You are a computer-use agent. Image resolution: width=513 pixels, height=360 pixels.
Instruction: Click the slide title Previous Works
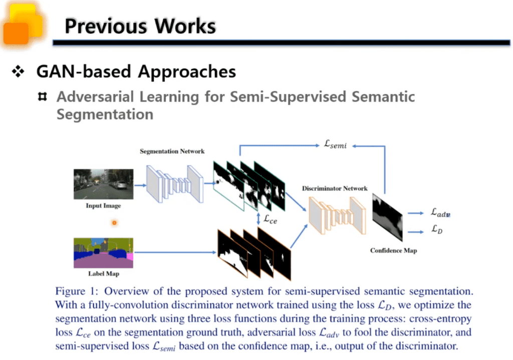(x=140, y=26)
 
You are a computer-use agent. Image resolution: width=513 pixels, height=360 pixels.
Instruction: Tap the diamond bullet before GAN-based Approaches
(x=19, y=72)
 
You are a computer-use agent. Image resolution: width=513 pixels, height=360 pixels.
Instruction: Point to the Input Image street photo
(x=103, y=184)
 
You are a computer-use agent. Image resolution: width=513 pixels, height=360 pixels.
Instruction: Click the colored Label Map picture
(x=103, y=253)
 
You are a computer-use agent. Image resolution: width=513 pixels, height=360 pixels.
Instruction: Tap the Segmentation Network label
(x=172, y=151)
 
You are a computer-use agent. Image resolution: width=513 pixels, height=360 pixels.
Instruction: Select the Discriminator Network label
(x=335, y=189)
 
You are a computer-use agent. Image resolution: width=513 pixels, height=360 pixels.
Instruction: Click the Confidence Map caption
(x=393, y=250)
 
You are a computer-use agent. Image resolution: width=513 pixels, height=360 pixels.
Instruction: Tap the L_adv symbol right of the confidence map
(x=440, y=213)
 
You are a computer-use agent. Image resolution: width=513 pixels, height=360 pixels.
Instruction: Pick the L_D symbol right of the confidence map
(x=436, y=231)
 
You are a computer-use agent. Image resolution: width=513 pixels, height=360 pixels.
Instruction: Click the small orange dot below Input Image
(x=114, y=223)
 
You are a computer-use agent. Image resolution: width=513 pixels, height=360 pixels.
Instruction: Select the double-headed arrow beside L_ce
(x=258, y=219)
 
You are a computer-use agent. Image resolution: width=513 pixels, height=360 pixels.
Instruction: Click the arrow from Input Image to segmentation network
(x=140, y=185)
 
